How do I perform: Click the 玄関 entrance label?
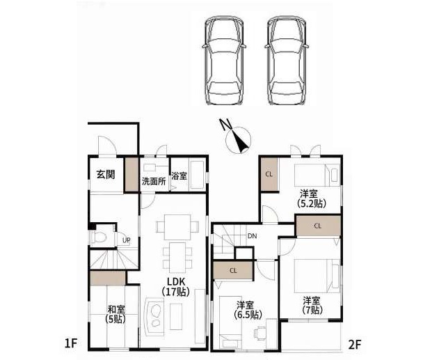pyautogui.click(x=106, y=175)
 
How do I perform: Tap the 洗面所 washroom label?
pyautogui.click(x=154, y=181)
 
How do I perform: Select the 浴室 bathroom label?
pyautogui.click(x=179, y=176)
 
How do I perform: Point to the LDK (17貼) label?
pyautogui.click(x=176, y=287)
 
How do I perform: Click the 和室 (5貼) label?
pyautogui.click(x=115, y=314)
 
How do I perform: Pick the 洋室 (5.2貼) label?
pyautogui.click(x=312, y=198)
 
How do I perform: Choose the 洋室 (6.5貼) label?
pyautogui.click(x=248, y=310)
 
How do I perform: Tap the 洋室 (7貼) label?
pyautogui.click(x=312, y=305)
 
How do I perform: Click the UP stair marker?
pyautogui.click(x=126, y=240)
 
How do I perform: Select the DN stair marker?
pyautogui.click(x=253, y=236)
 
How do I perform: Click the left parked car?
pyautogui.click(x=224, y=61)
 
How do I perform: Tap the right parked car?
pyautogui.click(x=287, y=61)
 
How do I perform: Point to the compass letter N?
pyautogui.click(x=225, y=124)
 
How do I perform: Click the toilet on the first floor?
pyautogui.click(x=98, y=237)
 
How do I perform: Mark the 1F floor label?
pyautogui.click(x=70, y=343)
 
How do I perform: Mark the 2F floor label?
pyautogui.click(x=355, y=344)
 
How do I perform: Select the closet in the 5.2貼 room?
pyautogui.click(x=269, y=174)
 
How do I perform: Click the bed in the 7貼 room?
pyautogui.click(x=317, y=276)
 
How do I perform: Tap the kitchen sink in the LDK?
pyautogui.click(x=154, y=315)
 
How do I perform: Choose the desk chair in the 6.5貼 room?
pyautogui.click(x=260, y=333)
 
